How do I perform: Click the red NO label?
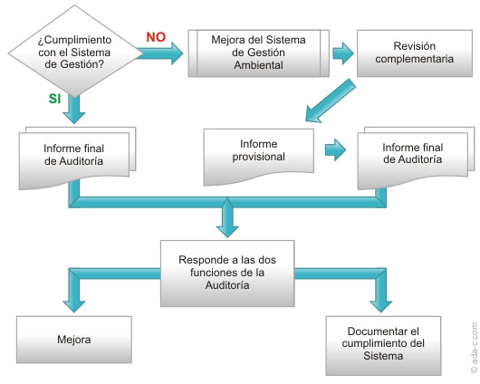(156, 37)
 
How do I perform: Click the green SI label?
(55, 99)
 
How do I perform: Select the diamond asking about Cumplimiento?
(75, 52)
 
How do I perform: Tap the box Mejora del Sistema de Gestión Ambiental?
(259, 53)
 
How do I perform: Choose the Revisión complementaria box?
(415, 53)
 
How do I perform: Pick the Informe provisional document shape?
(259, 156)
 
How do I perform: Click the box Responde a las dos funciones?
(227, 274)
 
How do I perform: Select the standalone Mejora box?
(74, 340)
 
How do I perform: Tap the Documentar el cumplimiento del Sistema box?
(383, 345)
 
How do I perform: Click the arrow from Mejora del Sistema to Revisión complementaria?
(343, 53)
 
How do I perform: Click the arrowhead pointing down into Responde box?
(227, 231)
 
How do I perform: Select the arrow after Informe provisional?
(335, 149)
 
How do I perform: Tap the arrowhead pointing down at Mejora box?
(74, 306)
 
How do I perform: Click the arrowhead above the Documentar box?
(380, 306)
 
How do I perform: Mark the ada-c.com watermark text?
(474, 347)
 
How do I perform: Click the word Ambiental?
(259, 65)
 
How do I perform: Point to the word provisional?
(259, 157)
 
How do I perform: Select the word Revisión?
(415, 46)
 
